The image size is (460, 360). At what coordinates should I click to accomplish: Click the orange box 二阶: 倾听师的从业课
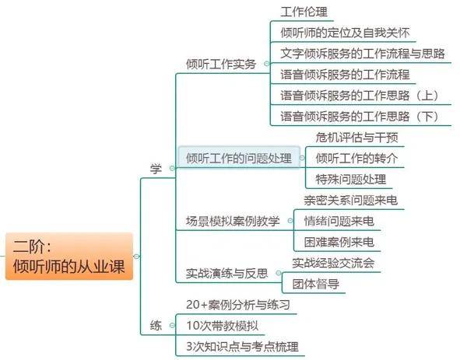(x=69, y=256)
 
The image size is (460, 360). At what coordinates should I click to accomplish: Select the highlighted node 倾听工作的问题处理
(x=239, y=158)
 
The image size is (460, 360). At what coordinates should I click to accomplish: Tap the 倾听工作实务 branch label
(x=221, y=64)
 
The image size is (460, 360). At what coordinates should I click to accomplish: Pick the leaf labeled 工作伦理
(x=304, y=12)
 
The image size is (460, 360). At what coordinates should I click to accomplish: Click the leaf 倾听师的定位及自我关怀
(x=345, y=33)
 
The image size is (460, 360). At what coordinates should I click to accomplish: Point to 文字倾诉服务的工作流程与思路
(x=363, y=54)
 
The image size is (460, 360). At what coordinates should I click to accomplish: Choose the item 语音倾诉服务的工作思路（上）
(x=360, y=96)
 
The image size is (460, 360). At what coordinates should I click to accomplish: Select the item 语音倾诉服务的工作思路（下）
(x=360, y=117)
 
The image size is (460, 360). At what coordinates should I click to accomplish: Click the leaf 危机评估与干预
(x=356, y=137)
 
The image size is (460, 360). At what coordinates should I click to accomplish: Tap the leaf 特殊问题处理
(x=351, y=179)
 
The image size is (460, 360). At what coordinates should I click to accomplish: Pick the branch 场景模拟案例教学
(x=233, y=221)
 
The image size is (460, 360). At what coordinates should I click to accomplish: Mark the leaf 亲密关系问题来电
(x=351, y=201)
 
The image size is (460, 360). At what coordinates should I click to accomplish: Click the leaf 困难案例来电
(x=339, y=242)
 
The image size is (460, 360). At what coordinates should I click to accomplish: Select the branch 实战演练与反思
(x=227, y=273)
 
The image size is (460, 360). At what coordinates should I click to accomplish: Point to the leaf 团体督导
(x=316, y=284)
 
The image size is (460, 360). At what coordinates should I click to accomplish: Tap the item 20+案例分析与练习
(x=238, y=305)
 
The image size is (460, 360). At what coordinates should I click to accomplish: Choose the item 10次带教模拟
(x=223, y=326)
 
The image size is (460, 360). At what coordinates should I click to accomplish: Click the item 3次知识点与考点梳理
(x=242, y=347)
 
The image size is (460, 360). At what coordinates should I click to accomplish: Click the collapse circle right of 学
(x=172, y=168)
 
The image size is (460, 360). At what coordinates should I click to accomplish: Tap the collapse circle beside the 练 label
(x=172, y=325)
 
